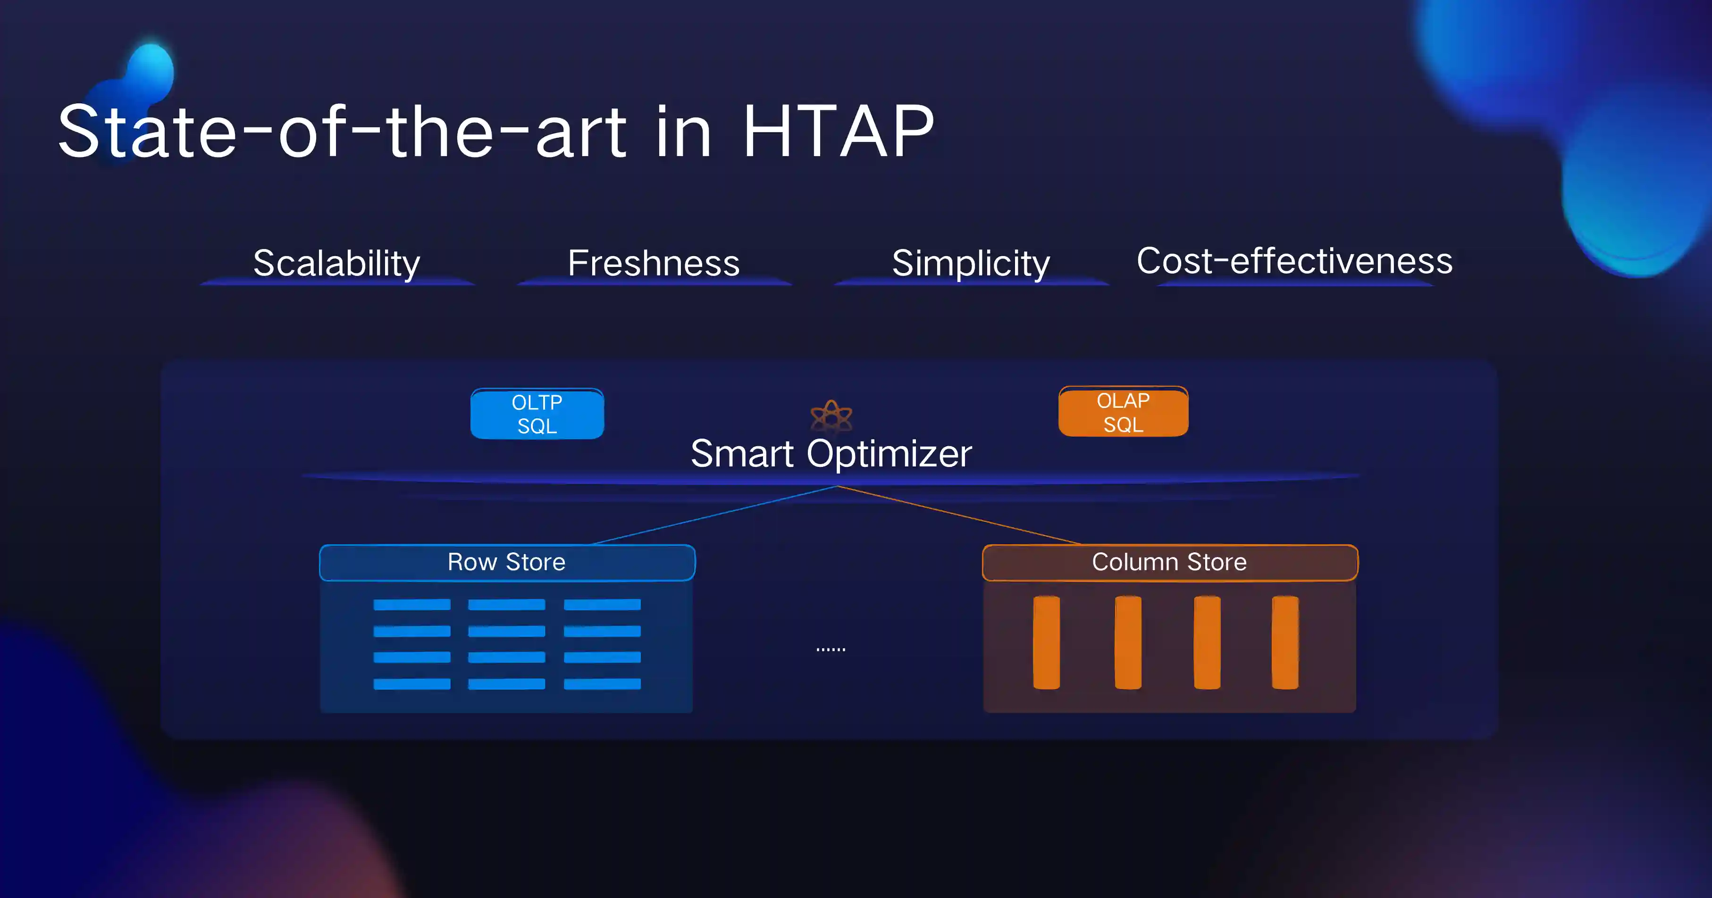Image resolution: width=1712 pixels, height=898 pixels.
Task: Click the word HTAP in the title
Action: [839, 132]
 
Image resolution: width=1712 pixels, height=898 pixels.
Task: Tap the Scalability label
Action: [337, 264]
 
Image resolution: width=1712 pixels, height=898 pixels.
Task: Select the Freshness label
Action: [653, 263]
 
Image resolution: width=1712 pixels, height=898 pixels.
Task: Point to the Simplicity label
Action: [971, 264]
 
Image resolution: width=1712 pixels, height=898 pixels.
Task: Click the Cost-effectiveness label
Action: [1295, 260]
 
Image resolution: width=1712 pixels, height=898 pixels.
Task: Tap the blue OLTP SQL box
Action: [537, 414]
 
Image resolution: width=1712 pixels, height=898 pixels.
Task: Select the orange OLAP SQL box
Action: [1123, 412]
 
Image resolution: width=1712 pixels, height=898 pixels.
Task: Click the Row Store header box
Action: [507, 563]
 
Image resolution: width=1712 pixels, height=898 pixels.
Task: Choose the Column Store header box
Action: [1170, 563]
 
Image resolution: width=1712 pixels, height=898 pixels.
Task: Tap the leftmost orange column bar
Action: [1046, 642]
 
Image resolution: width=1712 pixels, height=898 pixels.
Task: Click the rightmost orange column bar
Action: [1284, 642]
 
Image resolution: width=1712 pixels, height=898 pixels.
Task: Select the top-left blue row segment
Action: [412, 605]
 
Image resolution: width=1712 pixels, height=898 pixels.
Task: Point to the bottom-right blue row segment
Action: [602, 684]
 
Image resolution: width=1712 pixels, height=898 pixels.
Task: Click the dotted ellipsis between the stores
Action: [831, 649]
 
